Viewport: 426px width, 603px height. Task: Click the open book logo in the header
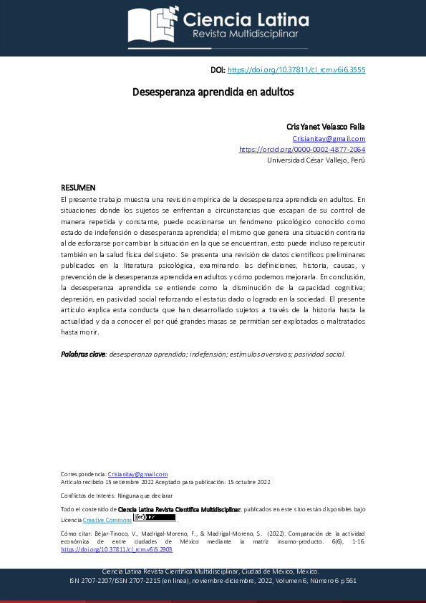pos(152,25)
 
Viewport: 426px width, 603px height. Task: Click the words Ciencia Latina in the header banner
pos(246,19)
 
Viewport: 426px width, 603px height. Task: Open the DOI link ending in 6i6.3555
pos(296,70)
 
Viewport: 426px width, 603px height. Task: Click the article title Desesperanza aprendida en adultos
pos(213,92)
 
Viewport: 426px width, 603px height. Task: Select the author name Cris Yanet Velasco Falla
pos(326,127)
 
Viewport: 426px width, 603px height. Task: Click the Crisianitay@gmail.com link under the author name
pos(329,138)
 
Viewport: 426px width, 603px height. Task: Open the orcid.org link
pos(302,150)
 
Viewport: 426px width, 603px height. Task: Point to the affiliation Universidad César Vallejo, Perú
pos(316,160)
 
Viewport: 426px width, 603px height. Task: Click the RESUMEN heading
pos(78,187)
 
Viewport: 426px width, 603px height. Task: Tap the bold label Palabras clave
pos(83,354)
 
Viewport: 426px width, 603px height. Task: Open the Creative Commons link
pos(107,519)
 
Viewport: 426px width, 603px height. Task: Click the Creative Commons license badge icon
pos(155,517)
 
